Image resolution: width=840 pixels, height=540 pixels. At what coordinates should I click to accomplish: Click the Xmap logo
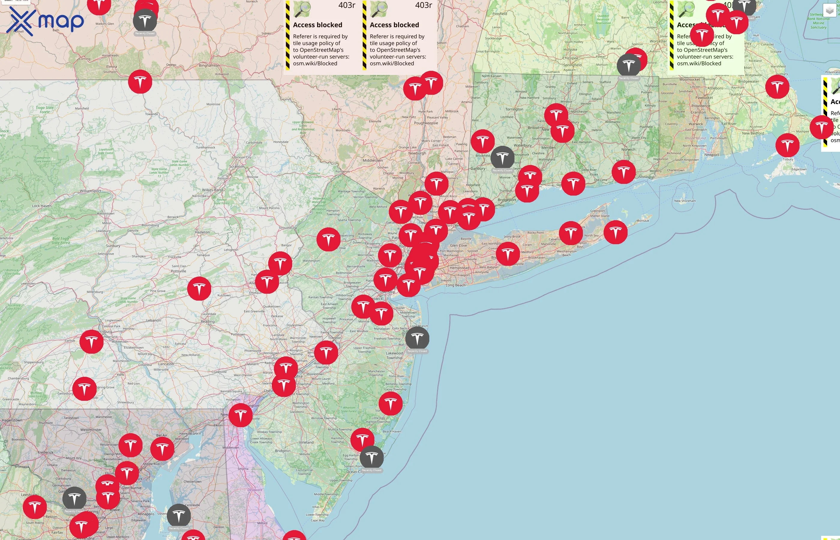pos(45,21)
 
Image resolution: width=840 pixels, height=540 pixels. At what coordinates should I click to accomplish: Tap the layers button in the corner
pos(829,10)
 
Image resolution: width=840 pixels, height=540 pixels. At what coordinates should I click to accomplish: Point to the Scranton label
pos(237,166)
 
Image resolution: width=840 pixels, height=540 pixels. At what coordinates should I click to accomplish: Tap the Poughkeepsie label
pos(426,123)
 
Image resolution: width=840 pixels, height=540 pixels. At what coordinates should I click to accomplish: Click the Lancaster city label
pos(166,364)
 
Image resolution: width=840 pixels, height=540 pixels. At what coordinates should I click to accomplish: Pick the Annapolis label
pos(146,514)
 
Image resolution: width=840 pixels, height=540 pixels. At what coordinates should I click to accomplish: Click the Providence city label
pos(701,106)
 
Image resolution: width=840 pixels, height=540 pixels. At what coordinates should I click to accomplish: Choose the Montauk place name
pos(643,220)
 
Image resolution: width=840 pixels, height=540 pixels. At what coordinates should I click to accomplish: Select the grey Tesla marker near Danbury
pos(502,158)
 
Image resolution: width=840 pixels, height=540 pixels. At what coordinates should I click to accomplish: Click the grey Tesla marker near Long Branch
pos(417,338)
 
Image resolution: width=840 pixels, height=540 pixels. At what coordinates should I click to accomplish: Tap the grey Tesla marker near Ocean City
pos(372,457)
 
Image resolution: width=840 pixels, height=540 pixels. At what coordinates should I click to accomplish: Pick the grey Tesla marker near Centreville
pos(179,516)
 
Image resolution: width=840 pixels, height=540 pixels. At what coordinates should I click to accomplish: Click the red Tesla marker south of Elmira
pos(140,82)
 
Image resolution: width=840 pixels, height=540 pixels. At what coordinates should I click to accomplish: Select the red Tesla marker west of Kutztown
pos(199,289)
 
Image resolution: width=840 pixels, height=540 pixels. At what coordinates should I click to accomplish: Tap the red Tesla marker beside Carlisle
pos(91,341)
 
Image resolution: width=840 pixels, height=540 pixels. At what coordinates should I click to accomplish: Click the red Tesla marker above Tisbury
pos(787,145)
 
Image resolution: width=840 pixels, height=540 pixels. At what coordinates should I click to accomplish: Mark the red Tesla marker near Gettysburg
pos(85,388)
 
